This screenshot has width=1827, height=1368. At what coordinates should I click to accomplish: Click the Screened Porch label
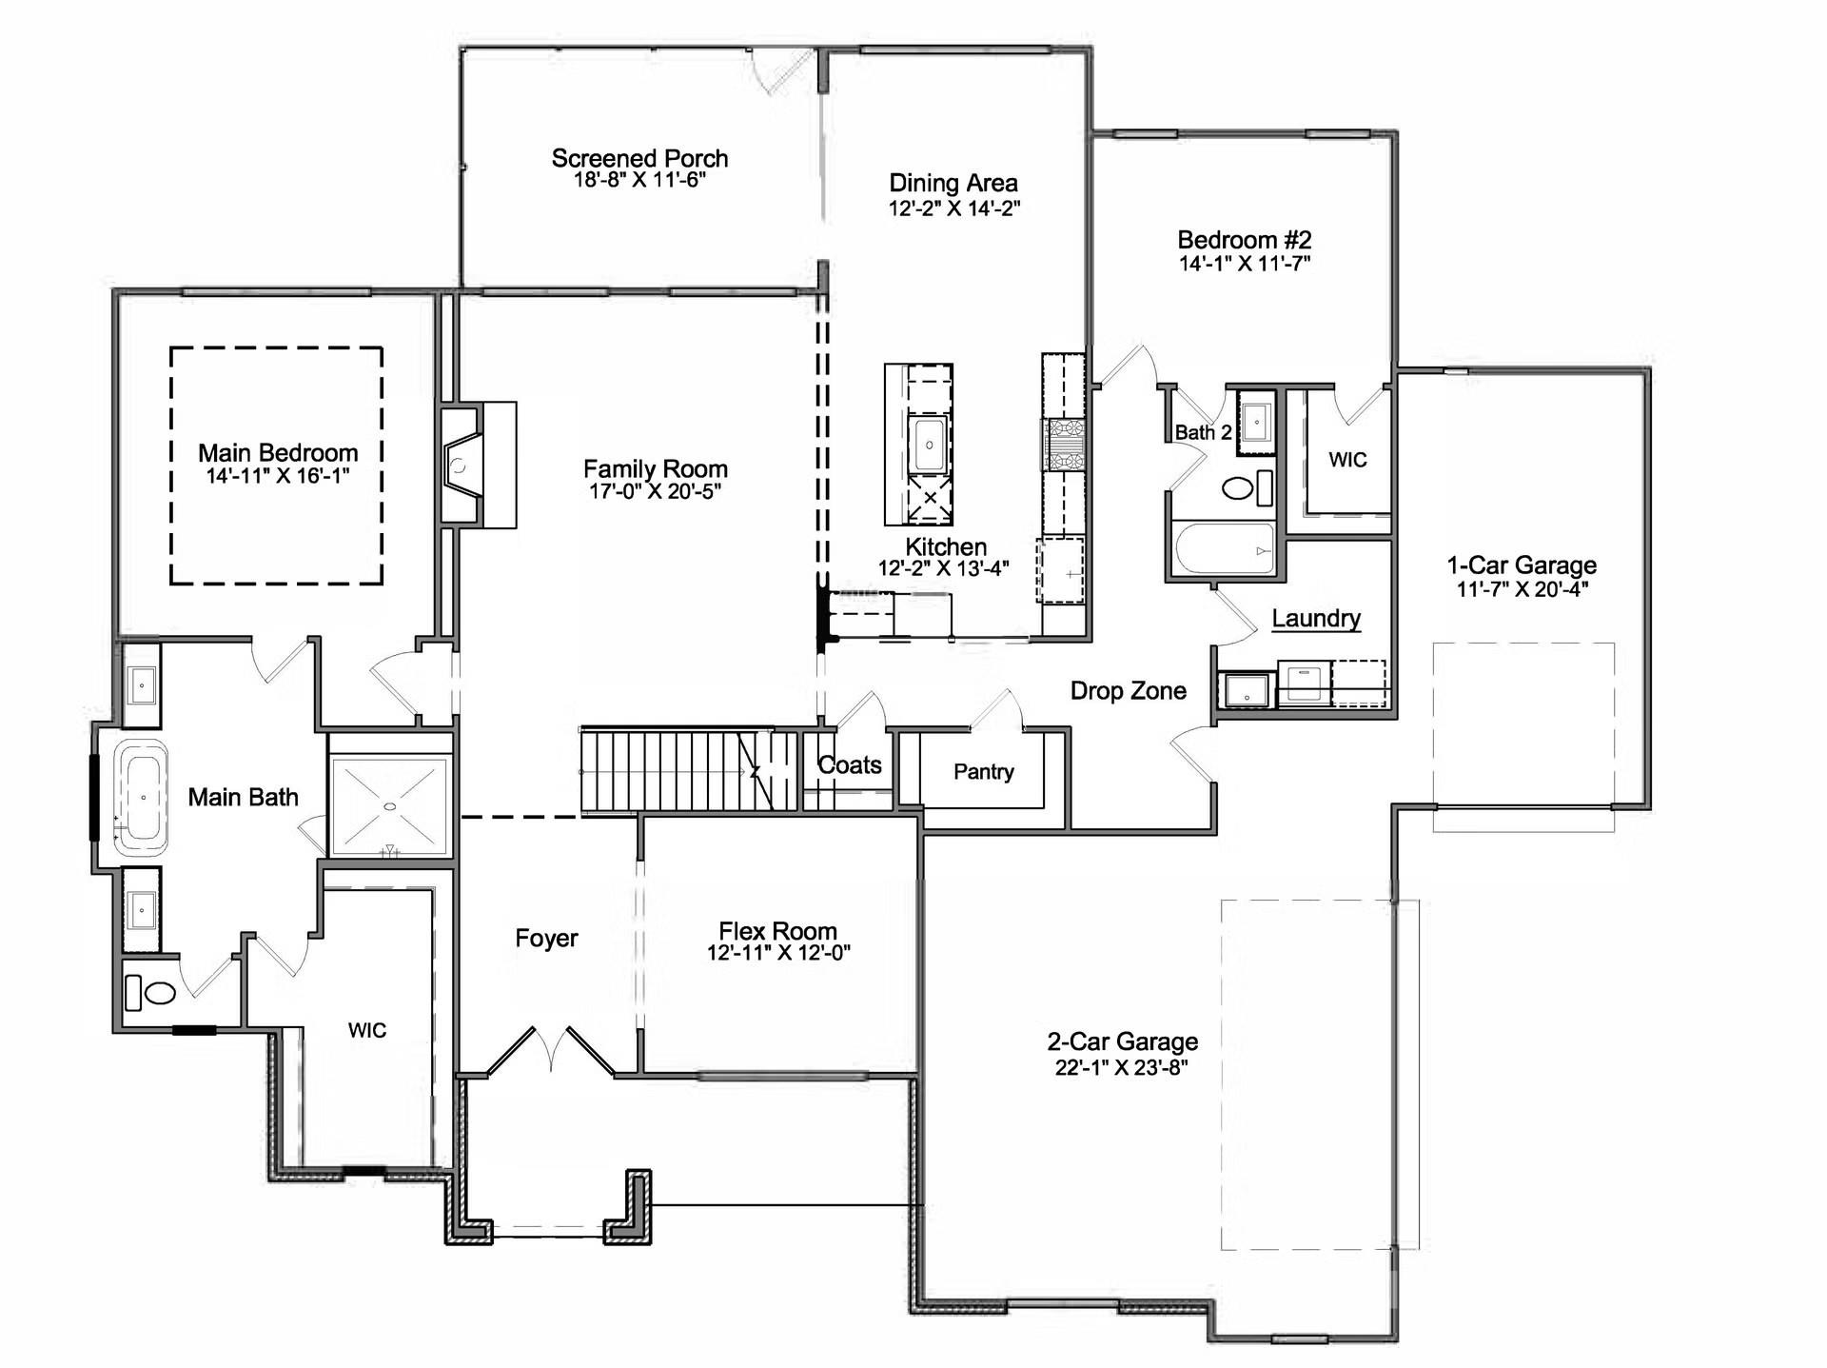(639, 158)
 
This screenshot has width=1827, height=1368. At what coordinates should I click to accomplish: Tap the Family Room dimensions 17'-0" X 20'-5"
(655, 491)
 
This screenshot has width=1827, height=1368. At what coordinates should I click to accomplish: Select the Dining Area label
(953, 183)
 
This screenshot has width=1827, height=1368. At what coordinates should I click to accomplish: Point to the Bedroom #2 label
(1245, 240)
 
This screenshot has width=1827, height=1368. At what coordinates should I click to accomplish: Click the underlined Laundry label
(1316, 619)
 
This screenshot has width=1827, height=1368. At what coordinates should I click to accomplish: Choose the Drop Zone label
(1129, 691)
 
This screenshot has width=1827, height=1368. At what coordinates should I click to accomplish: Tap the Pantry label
(984, 771)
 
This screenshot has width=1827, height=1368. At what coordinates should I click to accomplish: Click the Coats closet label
(850, 764)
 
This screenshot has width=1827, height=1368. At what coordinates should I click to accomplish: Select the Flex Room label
(777, 931)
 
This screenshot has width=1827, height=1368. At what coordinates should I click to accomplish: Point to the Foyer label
(546, 939)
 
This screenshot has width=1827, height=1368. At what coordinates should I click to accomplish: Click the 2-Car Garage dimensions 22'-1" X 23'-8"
(1122, 1067)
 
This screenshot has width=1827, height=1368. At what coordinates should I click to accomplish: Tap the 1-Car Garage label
(1522, 565)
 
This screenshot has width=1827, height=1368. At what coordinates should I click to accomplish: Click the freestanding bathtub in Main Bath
(142, 797)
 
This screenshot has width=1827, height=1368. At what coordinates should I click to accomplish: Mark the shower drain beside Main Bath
(389, 806)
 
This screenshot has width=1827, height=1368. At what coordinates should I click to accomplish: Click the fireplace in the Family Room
(462, 466)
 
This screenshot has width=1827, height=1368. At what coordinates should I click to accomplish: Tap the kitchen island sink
(929, 445)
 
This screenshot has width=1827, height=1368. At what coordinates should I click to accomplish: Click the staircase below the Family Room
(689, 770)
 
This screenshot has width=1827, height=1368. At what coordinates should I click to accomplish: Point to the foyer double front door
(551, 1051)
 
